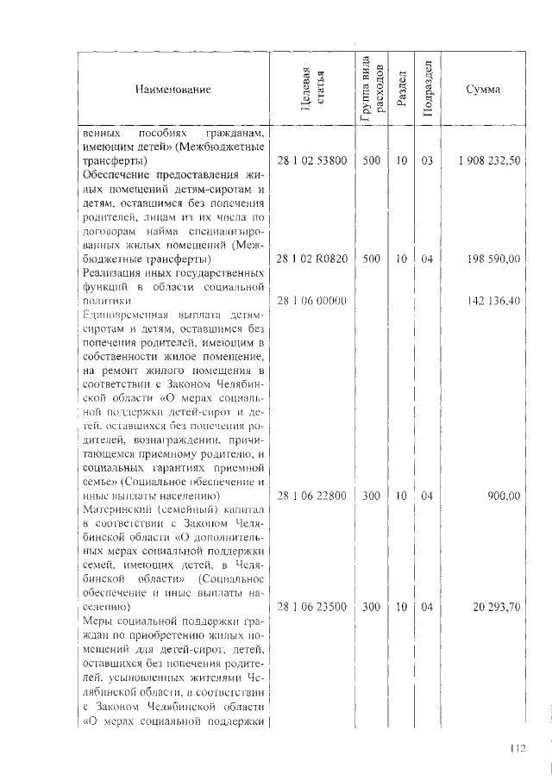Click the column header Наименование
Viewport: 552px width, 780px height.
pyautogui.click(x=172, y=89)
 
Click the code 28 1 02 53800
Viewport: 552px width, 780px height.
pyautogui.click(x=311, y=160)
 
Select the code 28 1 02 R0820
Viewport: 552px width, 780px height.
pyautogui.click(x=311, y=259)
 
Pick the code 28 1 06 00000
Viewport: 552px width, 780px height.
pyautogui.click(x=311, y=300)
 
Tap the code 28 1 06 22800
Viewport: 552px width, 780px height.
pyautogui.click(x=311, y=496)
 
